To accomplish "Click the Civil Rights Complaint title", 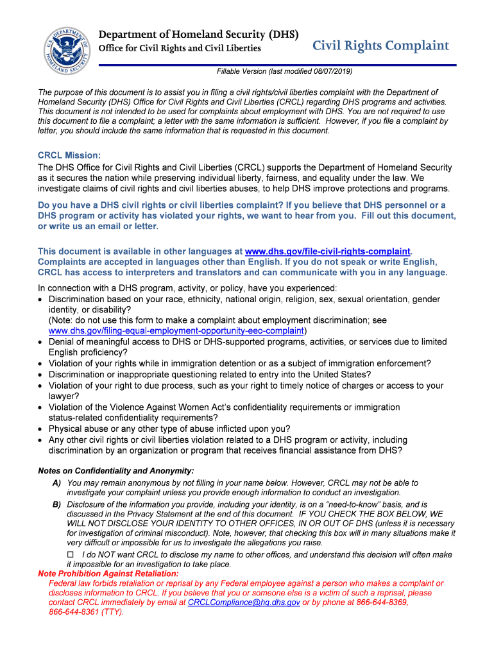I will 380,46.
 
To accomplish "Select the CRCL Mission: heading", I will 69,155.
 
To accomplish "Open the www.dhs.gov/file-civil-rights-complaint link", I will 328,252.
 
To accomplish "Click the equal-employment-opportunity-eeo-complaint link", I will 176,330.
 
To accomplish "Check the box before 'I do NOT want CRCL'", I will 71,554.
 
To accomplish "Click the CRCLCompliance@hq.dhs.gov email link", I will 244,603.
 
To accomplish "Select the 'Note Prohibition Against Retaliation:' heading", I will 108,574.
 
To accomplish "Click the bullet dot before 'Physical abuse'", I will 42,429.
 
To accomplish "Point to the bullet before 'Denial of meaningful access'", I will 42,343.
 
